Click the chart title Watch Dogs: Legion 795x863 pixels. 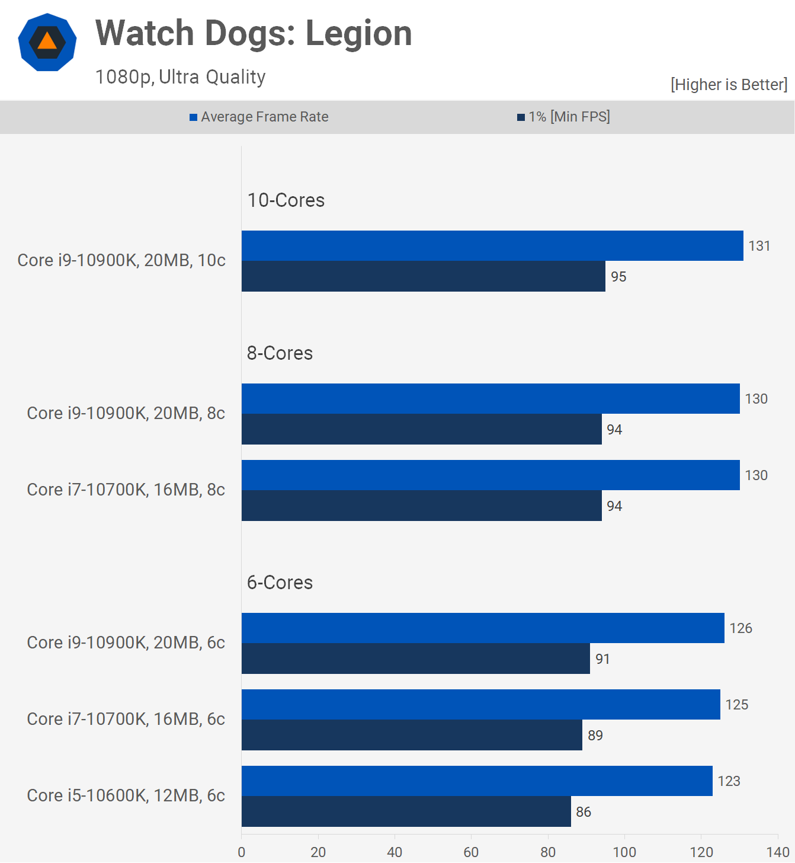[x=254, y=33]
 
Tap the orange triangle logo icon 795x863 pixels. [x=47, y=42]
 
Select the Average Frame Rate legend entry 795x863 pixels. [x=259, y=117]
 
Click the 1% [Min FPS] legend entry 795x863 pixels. [x=563, y=117]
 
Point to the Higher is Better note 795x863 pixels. [x=729, y=85]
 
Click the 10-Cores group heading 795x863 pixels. [x=286, y=200]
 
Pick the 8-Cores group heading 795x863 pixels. [x=280, y=353]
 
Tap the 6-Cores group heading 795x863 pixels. [x=280, y=583]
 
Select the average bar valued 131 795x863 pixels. [x=492, y=245]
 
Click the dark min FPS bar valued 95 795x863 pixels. [x=424, y=276]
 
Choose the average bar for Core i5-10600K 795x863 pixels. [x=477, y=781]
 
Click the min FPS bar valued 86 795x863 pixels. [x=406, y=811]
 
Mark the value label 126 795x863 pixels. [x=740, y=628]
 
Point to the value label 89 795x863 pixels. [x=595, y=736]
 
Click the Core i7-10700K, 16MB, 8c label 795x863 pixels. [x=126, y=490]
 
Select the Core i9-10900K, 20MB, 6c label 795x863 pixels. [x=126, y=643]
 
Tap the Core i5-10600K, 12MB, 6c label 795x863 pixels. [x=126, y=795]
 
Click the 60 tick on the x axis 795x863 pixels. [x=471, y=852]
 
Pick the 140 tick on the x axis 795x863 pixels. [x=777, y=852]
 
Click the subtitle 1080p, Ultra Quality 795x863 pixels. [x=181, y=77]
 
